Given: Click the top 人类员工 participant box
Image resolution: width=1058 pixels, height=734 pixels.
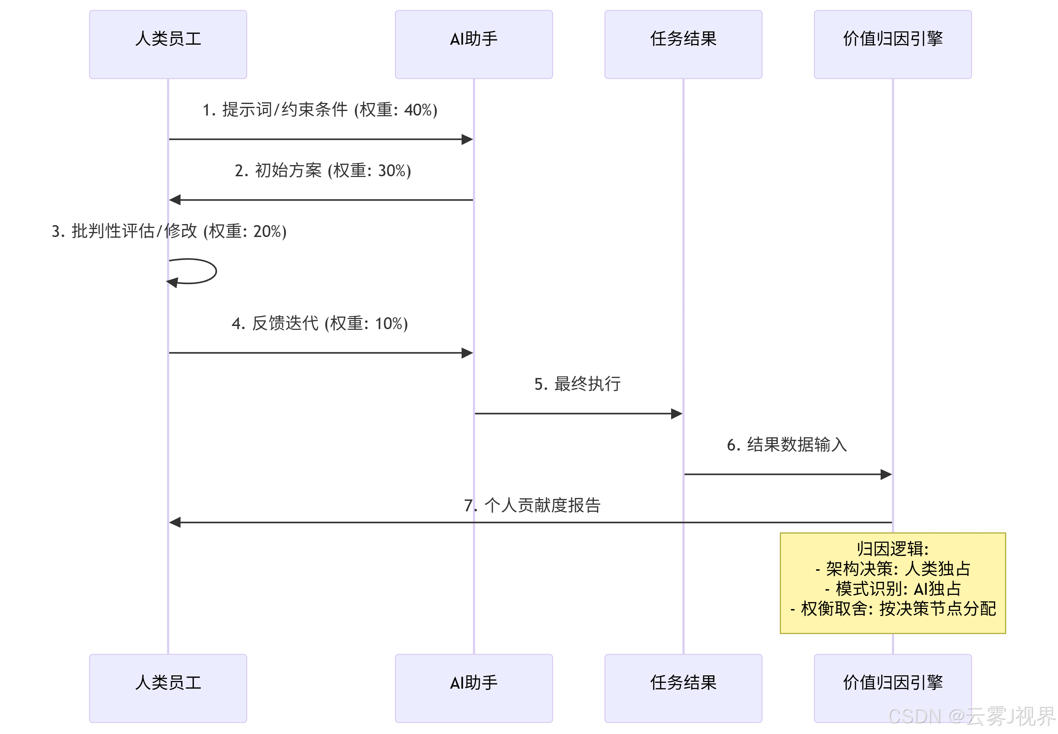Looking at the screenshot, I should [168, 44].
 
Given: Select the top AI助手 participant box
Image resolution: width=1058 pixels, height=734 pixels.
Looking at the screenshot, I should [473, 44].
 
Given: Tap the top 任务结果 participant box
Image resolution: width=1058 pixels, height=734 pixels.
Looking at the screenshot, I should [683, 44].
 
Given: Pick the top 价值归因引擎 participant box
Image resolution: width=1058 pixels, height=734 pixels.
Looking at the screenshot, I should [892, 44].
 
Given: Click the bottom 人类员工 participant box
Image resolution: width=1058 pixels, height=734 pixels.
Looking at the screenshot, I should [168, 688].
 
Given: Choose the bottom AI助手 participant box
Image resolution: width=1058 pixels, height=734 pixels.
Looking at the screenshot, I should [473, 688].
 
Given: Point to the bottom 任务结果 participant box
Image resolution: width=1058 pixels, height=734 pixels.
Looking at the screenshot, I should [683, 688].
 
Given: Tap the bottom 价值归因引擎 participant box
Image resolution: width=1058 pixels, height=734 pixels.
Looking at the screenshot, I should [892, 688].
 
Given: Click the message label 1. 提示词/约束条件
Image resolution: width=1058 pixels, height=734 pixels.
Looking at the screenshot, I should [320, 110].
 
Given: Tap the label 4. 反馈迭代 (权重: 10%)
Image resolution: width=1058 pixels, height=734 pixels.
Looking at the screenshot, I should [320, 323].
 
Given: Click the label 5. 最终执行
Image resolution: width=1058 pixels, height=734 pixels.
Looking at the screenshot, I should [577, 384].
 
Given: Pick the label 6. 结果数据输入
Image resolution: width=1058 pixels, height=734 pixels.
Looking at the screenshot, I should [787, 445].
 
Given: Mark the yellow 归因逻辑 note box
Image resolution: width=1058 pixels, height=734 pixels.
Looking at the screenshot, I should [892, 583].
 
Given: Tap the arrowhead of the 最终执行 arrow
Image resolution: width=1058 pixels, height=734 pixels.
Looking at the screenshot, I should [677, 414].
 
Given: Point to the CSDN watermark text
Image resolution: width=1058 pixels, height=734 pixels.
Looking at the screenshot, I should [971, 716].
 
